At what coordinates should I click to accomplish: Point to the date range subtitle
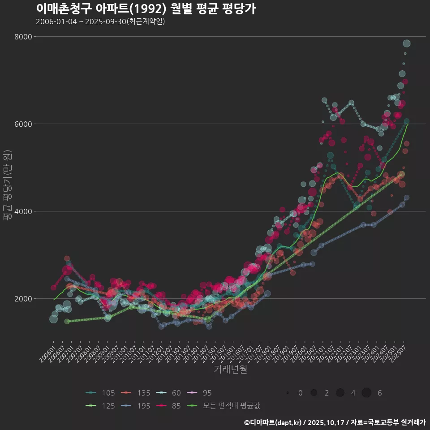point(100,21)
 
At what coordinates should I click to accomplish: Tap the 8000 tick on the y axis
point(23,37)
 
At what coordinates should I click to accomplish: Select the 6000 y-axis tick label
point(23,124)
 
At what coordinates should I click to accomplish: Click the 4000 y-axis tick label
point(23,211)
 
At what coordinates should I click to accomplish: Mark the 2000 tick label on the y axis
point(23,299)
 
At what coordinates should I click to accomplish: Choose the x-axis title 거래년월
point(230,369)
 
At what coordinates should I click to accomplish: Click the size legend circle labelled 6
point(366,393)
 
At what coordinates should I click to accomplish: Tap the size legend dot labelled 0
point(288,393)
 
